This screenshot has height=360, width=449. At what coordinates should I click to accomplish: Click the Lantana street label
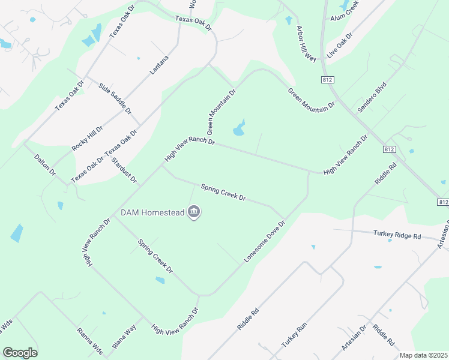pos(159,65)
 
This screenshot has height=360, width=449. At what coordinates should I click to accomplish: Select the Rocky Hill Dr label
pos(87,138)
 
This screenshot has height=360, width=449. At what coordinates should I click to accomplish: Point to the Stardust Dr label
pos(124,171)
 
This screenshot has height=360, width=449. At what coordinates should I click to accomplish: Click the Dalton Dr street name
pos(45,164)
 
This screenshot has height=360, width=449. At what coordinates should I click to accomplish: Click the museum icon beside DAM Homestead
pos(194,212)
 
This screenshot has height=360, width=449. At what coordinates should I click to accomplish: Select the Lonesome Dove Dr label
pos(264,241)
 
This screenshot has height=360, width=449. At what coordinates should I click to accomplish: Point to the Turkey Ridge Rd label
pos(397,234)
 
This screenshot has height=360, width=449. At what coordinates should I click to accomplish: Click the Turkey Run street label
pos(294,334)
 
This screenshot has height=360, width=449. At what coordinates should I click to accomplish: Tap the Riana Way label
pos(124,338)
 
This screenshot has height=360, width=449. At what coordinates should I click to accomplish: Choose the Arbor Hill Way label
pos(306,44)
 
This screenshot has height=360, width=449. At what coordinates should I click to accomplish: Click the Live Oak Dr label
pos(340,46)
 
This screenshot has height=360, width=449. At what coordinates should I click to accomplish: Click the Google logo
pos(20,353)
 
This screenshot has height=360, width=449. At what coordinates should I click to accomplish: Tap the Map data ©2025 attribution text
pos(423,355)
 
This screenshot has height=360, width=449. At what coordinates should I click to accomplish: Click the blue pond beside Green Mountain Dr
pos(239,128)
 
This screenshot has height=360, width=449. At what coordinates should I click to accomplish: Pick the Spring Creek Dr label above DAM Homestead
pos(223,192)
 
